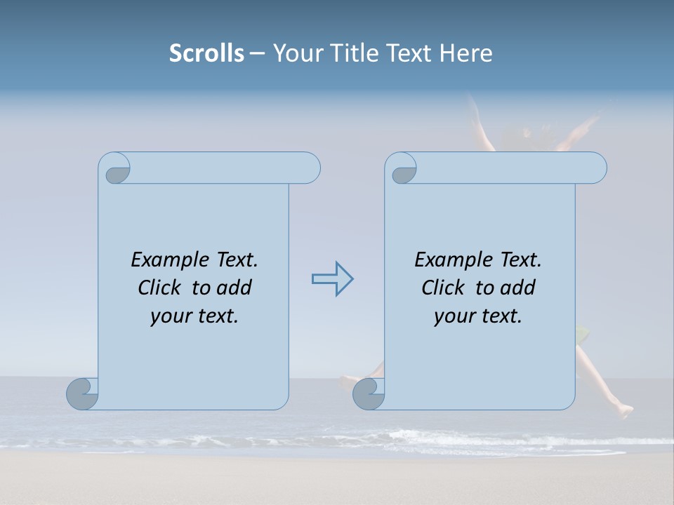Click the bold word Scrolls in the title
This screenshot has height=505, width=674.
tap(206, 53)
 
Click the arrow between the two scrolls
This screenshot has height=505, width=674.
tap(333, 279)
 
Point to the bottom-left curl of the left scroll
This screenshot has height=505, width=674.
tap(83, 393)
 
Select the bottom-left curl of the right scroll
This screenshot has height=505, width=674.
tap(369, 393)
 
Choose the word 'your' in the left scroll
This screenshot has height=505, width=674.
tap(169, 316)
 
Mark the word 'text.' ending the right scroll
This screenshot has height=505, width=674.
tap(500, 316)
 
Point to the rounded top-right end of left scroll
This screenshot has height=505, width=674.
tap(309, 168)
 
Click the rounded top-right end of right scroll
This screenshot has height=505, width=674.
tap(595, 168)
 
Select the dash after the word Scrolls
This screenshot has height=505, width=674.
tap(257, 53)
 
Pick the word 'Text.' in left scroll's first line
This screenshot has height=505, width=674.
tap(237, 260)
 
